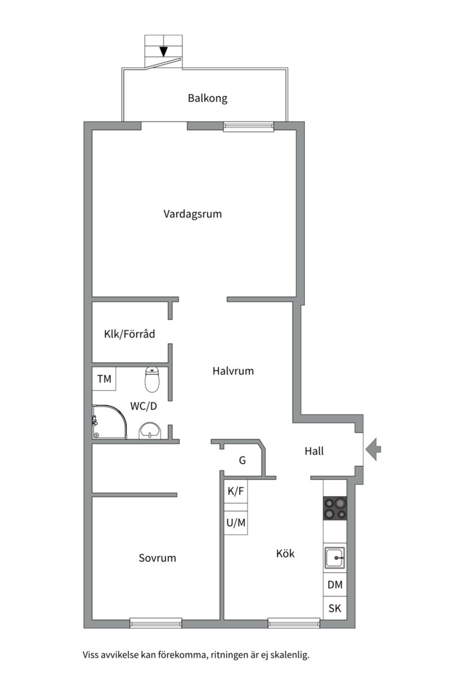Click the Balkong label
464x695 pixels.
[208, 98]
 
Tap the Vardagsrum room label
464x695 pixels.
[192, 214]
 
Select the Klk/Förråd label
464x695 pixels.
[129, 334]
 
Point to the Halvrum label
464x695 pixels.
[233, 371]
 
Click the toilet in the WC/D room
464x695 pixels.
[152, 380]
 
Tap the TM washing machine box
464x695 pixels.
[104, 378]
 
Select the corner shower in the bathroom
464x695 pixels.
[110, 422]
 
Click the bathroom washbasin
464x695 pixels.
[150, 431]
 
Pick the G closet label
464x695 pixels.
[242, 461]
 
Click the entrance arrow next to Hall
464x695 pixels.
[373, 449]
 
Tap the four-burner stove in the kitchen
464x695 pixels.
[335, 508]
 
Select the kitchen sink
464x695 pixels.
[334, 558]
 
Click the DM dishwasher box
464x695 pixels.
[335, 584]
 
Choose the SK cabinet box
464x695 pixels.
[335, 608]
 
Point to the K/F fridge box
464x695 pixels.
[236, 491]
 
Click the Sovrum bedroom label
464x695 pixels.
[157, 558]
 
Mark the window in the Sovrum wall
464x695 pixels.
[156, 623]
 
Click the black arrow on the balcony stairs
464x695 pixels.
[164, 51]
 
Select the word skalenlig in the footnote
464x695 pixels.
[290, 655]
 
